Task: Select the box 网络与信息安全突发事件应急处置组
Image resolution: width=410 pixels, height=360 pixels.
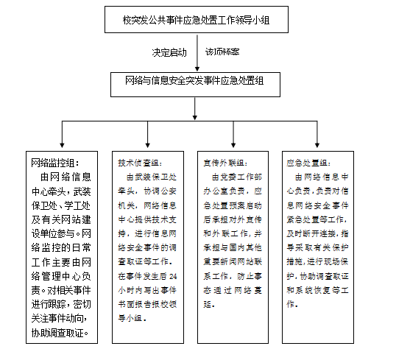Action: (x=195, y=83)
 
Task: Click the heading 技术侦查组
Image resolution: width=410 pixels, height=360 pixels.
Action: (x=140, y=163)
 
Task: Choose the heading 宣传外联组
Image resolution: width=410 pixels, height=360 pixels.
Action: (x=225, y=163)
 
